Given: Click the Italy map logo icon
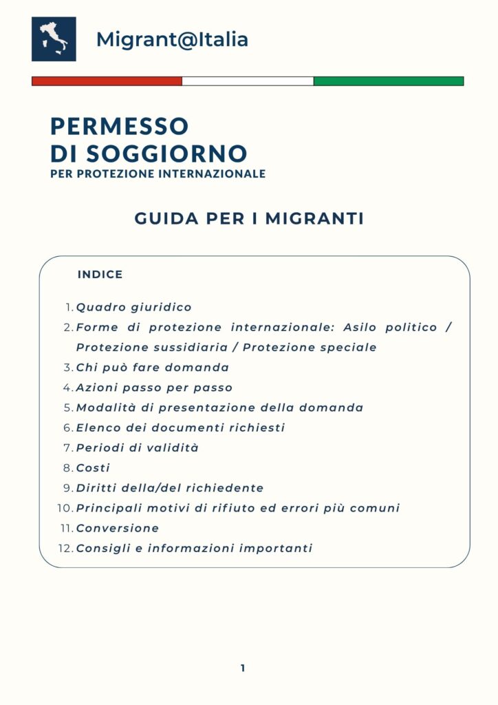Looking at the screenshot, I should (54, 39).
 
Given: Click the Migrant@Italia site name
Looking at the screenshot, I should (172, 39).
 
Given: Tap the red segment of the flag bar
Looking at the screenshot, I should (107, 81).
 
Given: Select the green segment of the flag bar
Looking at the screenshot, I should (389, 81).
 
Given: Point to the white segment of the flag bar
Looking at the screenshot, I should (248, 81).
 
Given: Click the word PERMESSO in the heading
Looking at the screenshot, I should (119, 126).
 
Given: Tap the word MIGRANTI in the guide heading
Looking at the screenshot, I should (314, 219).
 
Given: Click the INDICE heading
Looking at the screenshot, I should (100, 275).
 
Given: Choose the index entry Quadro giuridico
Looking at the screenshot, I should (134, 308).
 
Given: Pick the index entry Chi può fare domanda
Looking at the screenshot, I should (153, 368).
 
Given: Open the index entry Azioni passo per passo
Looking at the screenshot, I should (154, 388).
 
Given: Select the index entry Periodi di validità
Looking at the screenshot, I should (137, 448).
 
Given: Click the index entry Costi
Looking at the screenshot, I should (93, 468).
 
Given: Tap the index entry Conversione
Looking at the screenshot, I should (118, 528).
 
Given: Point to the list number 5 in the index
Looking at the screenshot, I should (68, 408).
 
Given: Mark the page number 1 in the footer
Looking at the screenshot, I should (243, 668).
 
